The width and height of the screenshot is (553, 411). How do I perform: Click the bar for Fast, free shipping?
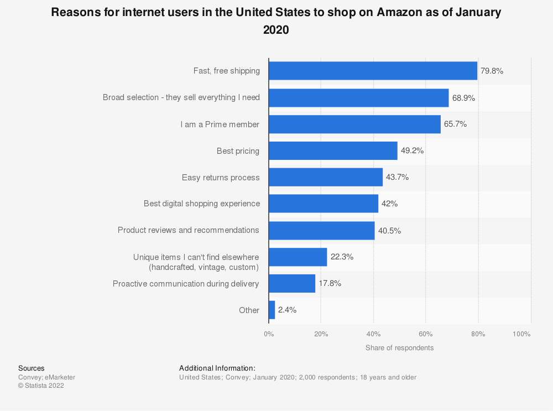click(373, 71)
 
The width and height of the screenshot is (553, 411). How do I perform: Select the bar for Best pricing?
click(333, 150)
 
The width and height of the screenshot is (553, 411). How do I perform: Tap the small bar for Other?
click(272, 310)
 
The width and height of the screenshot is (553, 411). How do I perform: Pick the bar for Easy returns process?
click(326, 177)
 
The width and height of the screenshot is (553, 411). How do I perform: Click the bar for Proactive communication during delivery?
click(292, 283)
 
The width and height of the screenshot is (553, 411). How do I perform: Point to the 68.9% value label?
click(463, 98)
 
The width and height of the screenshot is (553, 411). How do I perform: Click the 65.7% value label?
click(455, 124)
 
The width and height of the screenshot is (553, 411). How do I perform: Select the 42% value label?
click(389, 204)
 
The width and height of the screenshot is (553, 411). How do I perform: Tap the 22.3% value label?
click(342, 257)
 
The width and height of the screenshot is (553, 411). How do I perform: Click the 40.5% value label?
click(389, 230)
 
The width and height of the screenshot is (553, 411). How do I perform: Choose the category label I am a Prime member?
click(220, 124)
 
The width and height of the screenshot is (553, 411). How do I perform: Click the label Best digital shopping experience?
click(202, 204)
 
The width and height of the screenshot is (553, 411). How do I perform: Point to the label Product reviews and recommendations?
click(189, 230)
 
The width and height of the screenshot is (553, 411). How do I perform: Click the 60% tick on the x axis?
click(425, 334)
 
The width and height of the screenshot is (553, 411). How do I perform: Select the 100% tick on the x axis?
click(521, 334)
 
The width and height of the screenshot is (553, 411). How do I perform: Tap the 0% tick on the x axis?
click(269, 334)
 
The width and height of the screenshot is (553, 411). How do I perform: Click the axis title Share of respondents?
click(399, 348)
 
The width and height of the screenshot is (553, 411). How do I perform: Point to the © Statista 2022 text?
click(41, 386)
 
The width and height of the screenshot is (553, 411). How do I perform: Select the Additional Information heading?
click(217, 368)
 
